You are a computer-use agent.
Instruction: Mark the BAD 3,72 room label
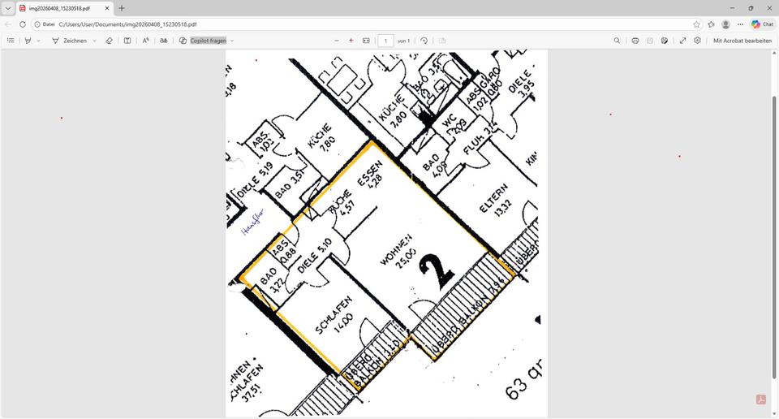coord(272,281)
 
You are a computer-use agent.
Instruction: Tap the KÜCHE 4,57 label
coord(342,205)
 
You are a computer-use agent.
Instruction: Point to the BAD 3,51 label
coord(289,184)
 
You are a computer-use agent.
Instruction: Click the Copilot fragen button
coord(207,41)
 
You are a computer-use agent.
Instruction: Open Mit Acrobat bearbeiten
coord(742,41)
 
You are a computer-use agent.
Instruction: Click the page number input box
coord(386,41)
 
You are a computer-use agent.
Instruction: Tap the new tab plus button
coord(122,8)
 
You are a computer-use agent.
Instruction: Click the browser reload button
coord(22,24)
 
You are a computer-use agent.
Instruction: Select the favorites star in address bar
coord(696,24)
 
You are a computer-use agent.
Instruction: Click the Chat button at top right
coord(762,24)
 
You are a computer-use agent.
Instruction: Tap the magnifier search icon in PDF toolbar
coord(617,41)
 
